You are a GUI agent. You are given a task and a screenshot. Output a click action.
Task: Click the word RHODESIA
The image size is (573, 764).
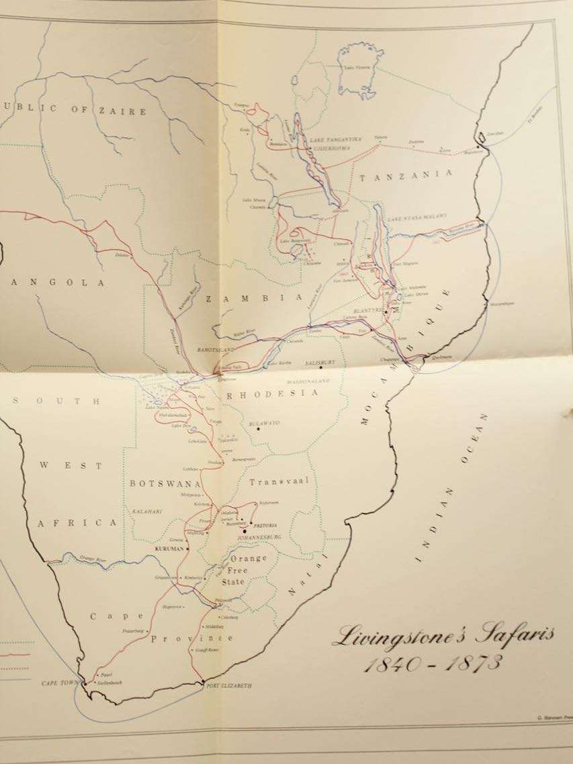(271, 394)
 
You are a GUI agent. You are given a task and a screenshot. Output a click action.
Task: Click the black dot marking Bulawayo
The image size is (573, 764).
(258, 429)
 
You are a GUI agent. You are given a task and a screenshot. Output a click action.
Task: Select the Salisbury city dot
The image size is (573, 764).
(322, 367)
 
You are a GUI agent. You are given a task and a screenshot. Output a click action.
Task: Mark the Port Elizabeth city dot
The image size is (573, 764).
(202, 683)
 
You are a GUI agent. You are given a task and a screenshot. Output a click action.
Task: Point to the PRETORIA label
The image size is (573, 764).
(265, 524)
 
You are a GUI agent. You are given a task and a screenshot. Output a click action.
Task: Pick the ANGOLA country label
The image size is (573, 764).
(54, 283)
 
